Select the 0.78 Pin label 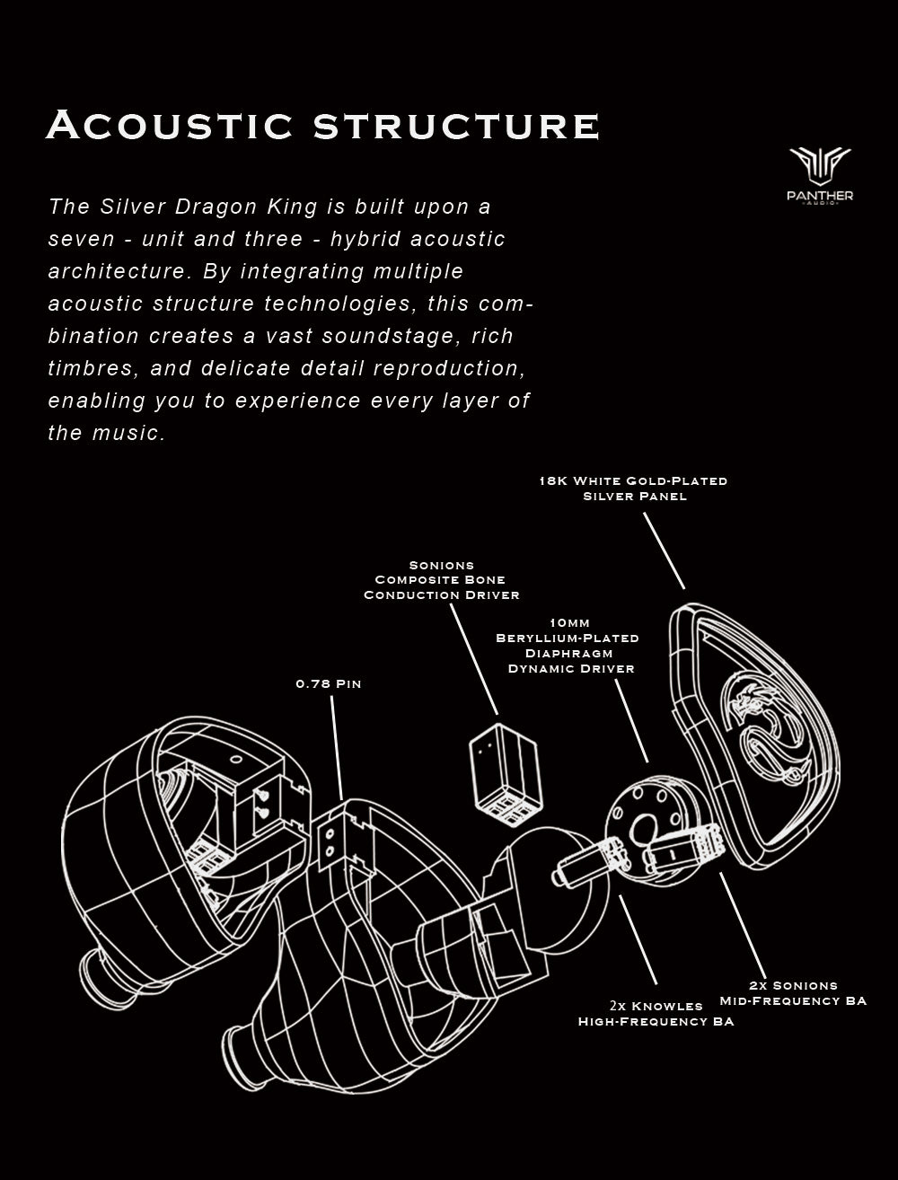tap(328, 684)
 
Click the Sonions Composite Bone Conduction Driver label tap(441, 580)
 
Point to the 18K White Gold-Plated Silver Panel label tap(633, 489)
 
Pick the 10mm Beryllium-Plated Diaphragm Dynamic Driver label tap(568, 646)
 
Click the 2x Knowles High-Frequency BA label tap(656, 1013)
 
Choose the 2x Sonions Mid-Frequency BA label tap(793, 993)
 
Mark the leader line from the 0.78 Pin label tap(337, 745)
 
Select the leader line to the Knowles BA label tap(638, 938)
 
